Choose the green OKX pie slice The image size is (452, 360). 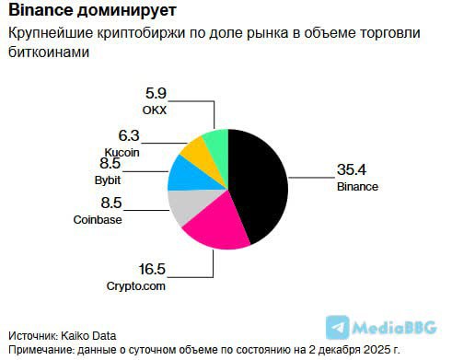point(217,143)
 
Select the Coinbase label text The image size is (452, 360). point(98,219)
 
